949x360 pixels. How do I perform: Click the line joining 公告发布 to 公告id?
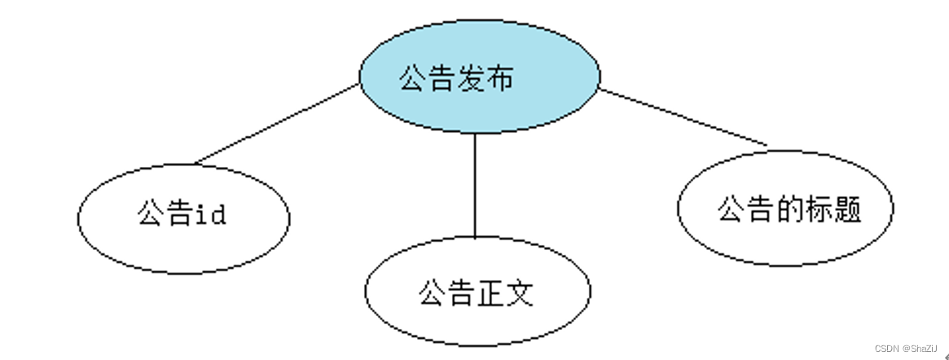(x=277, y=122)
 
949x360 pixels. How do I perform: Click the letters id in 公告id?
(x=210, y=215)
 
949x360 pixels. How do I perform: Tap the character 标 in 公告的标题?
(x=818, y=209)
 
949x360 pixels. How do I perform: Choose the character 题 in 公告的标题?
(x=847, y=209)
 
